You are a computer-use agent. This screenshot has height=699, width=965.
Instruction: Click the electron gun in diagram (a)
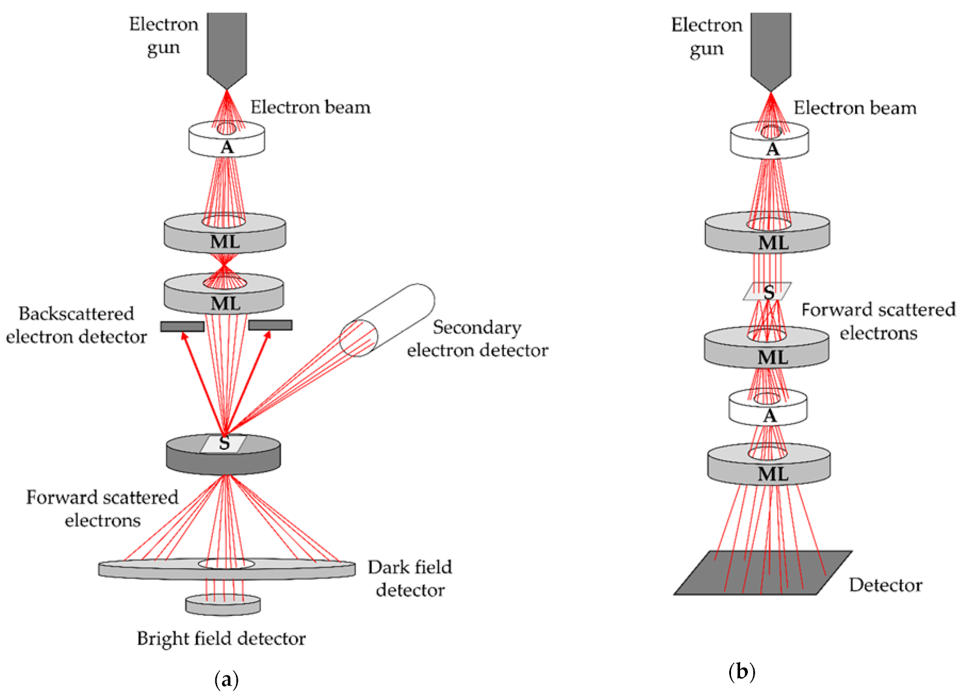[x=227, y=45]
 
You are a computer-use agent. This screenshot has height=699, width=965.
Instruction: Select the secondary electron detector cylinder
[x=386, y=320]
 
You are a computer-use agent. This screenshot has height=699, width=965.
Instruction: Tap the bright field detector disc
[x=223, y=605]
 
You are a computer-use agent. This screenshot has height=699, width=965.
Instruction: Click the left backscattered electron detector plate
[x=182, y=326]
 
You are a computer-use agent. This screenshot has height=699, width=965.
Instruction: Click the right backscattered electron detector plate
[x=270, y=325]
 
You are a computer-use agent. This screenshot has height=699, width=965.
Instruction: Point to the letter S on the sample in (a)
[x=224, y=443]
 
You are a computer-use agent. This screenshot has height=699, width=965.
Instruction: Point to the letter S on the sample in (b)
[x=768, y=292]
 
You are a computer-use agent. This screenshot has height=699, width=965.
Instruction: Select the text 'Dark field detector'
[x=410, y=578]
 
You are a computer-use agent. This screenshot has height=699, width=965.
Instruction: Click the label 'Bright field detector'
[x=221, y=638]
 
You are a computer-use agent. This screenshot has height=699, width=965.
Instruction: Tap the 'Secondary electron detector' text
[x=477, y=338]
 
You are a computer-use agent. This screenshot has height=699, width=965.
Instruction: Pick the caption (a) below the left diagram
[x=227, y=680]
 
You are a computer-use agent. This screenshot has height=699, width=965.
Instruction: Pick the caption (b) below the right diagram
[x=742, y=671]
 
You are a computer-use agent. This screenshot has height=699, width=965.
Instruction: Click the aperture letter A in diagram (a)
[x=227, y=147]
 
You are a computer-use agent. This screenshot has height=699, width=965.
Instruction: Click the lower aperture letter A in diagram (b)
[x=770, y=416]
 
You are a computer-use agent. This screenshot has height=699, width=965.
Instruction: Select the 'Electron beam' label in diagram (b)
[x=855, y=108]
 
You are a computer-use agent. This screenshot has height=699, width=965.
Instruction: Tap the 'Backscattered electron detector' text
[x=77, y=325]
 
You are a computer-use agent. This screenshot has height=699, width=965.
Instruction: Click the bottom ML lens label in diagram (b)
[x=773, y=474]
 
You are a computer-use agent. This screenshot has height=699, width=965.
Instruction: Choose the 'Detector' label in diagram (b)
[x=885, y=585]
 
